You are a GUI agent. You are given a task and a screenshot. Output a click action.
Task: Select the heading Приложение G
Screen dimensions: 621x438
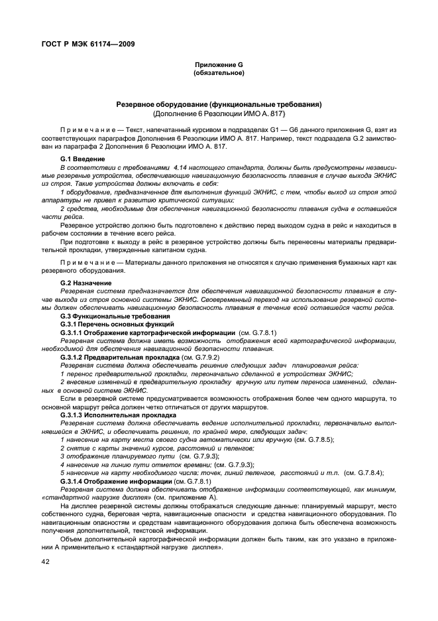point(218,64)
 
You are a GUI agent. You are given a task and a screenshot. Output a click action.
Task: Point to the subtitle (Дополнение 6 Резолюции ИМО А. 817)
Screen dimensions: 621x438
point(219,113)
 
